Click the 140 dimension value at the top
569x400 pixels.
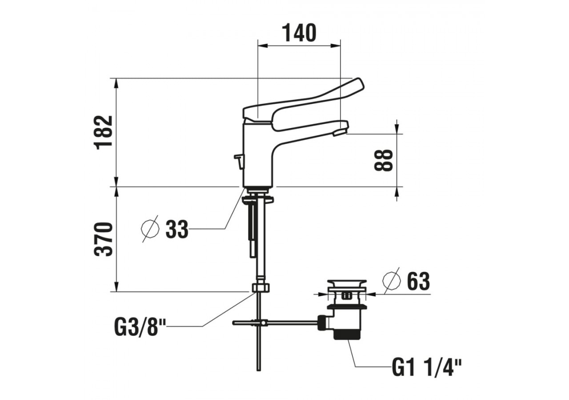coord(299,33)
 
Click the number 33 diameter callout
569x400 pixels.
coord(177,229)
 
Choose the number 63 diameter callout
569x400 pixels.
coord(418,282)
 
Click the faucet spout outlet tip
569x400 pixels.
coord(341,131)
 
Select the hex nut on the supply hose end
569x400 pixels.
coord(261,288)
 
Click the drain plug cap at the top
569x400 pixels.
coord(347,283)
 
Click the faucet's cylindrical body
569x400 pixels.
coord(259,156)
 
